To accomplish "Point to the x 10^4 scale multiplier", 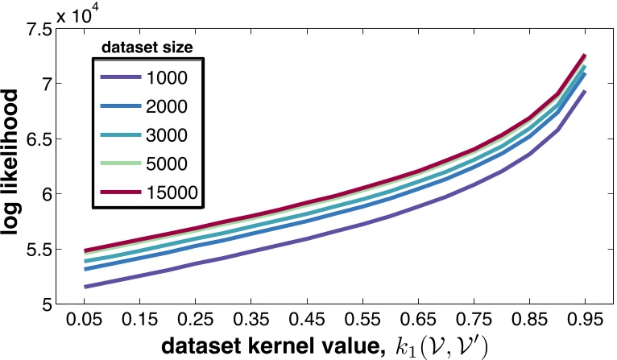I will [x=85, y=10].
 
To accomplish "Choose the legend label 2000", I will [x=167, y=108].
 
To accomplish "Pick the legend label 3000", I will [x=167, y=136].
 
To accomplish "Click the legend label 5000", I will [x=167, y=164].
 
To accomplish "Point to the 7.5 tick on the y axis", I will [x=36, y=30].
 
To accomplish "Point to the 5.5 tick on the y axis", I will [x=36, y=250].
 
